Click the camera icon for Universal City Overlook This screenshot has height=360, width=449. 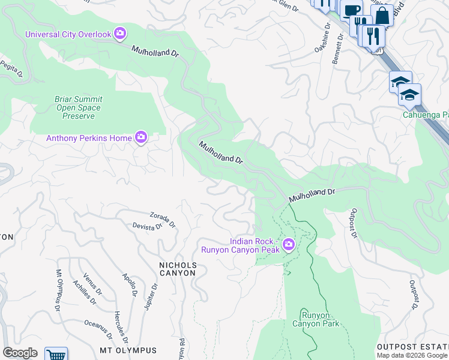tap(120, 34)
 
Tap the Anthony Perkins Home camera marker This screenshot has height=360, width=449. tap(141, 138)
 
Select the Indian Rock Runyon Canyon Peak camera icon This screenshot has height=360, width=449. tap(289, 244)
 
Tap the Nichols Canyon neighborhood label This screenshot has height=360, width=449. tap(177, 268)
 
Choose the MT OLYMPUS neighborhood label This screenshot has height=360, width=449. tap(128, 350)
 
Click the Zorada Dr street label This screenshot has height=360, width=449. tap(163, 218)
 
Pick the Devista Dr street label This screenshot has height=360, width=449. tap(147, 226)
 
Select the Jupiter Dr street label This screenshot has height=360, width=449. tap(151, 296)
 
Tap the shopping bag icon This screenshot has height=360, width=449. tap(382, 16)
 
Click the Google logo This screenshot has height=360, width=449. tap(20, 353)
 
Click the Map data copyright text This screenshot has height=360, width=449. tap(412, 355)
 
